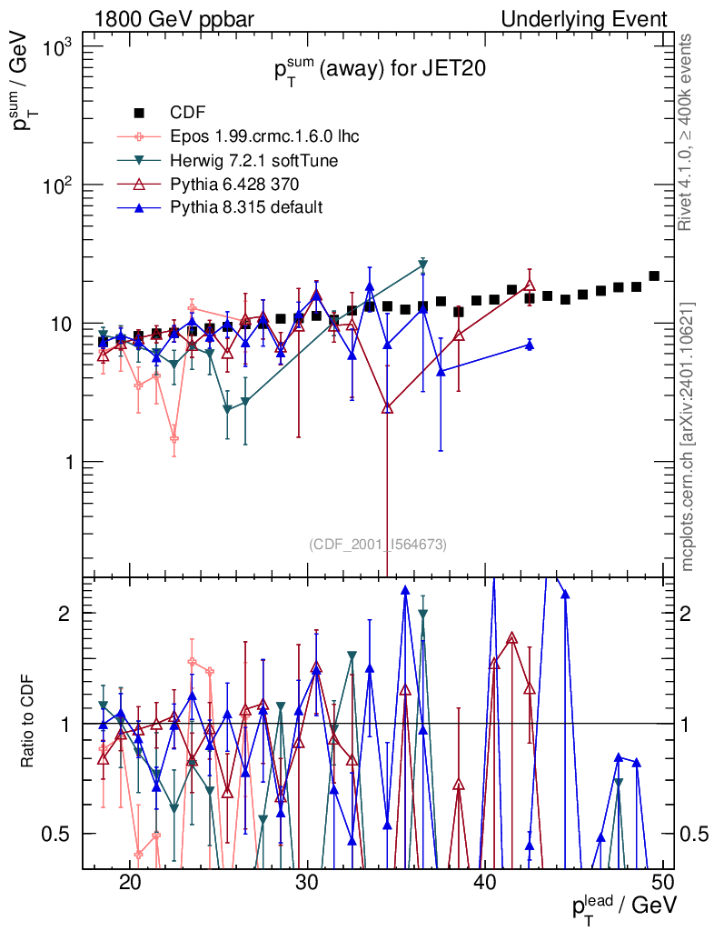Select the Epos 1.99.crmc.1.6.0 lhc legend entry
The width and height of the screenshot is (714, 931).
pyautogui.click(x=264, y=137)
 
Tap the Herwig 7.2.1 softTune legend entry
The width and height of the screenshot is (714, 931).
pyautogui.click(x=254, y=161)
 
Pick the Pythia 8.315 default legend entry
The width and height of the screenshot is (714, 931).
pyautogui.click(x=246, y=208)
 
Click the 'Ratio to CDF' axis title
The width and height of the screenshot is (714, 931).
pyautogui.click(x=28, y=723)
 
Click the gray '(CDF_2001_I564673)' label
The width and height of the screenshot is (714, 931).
pyautogui.click(x=378, y=545)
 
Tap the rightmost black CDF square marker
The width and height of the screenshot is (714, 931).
pyautogui.click(x=654, y=275)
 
